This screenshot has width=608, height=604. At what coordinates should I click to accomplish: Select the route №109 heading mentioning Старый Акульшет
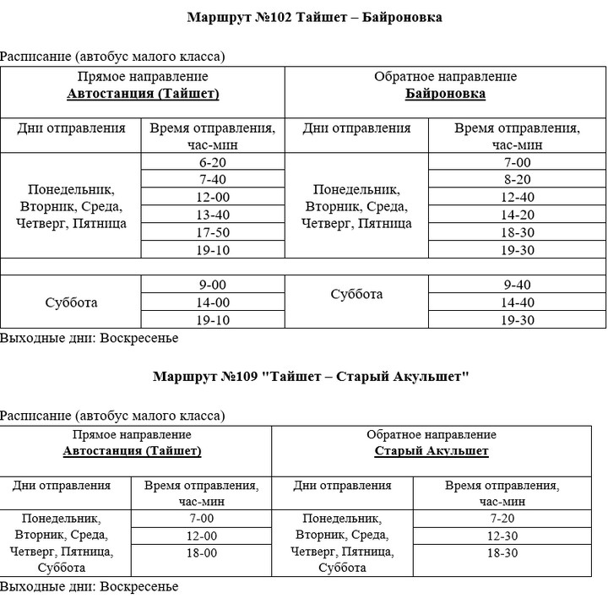(x=311, y=376)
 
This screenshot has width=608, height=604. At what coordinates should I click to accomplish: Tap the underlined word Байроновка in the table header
(x=445, y=94)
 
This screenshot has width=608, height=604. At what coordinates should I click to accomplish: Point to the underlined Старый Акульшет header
(x=432, y=451)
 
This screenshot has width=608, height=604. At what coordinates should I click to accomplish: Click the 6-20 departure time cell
(x=214, y=162)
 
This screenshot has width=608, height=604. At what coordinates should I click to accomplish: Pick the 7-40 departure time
(x=214, y=179)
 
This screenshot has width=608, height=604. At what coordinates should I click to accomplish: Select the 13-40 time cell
(x=214, y=215)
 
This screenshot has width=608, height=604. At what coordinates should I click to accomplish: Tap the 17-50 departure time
(x=214, y=232)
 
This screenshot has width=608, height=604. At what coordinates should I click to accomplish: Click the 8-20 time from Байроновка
(x=517, y=179)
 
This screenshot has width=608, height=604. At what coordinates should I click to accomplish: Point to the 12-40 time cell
(x=517, y=197)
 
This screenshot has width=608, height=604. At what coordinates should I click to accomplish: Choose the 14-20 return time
(x=517, y=215)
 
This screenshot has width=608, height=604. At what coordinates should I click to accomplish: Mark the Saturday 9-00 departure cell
(x=214, y=285)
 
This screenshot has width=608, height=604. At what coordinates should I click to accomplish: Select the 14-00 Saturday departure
(x=214, y=302)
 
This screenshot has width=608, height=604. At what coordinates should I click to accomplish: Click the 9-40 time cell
(x=517, y=285)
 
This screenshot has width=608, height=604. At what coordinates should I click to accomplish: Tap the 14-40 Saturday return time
(x=517, y=302)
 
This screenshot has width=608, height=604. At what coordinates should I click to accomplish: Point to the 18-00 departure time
(x=202, y=552)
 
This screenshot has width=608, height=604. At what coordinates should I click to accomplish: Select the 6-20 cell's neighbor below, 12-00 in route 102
(x=214, y=197)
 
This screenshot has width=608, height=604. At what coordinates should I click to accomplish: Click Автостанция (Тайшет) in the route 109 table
(x=132, y=451)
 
